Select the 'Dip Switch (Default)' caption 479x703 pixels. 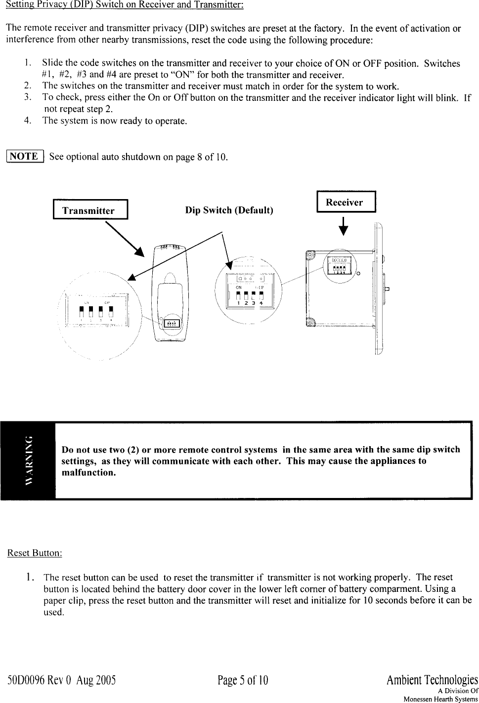[229, 210]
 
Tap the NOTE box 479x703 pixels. [25, 157]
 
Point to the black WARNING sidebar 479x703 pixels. [29, 460]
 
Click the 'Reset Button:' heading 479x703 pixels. [34, 552]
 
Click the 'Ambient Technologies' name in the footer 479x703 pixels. [432, 681]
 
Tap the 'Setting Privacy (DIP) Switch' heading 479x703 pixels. [124, 7]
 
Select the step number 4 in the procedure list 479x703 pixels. [28, 120]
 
